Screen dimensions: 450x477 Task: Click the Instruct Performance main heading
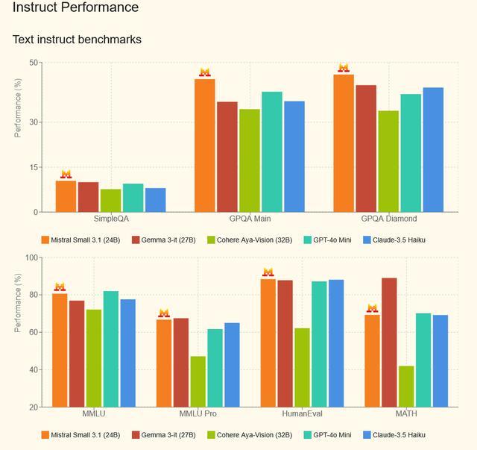75,8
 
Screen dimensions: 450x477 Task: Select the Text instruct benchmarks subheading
77,39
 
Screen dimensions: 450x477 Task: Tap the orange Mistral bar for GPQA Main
205,146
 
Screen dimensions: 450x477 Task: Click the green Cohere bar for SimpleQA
110,201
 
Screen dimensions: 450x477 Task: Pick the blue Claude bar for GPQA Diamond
433,150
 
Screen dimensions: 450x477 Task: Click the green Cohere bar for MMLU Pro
198,381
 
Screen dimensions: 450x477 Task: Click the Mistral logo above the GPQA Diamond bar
344,68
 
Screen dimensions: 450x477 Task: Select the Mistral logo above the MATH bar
372,308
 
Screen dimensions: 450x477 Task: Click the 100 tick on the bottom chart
32,257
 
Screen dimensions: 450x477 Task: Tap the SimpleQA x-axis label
111,219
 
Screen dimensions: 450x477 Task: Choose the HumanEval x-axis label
302,413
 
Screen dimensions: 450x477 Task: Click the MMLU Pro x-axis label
198,413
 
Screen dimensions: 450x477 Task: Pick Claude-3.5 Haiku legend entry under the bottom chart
399,435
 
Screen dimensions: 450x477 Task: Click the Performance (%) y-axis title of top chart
19,107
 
